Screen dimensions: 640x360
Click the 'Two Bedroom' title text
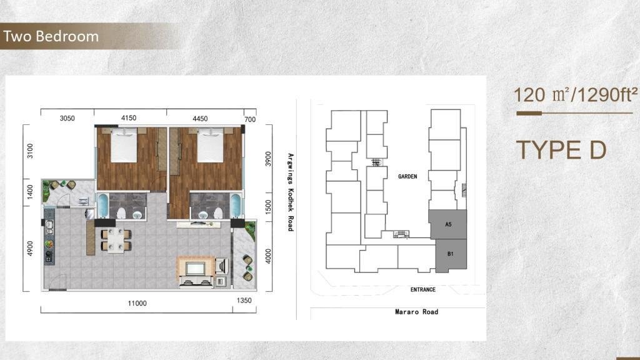(x=51, y=36)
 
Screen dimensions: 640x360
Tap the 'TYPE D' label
(x=561, y=150)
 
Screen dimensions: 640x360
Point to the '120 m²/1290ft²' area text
(x=576, y=95)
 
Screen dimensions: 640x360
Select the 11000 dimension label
(x=137, y=303)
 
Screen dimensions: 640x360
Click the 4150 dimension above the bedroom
(x=129, y=118)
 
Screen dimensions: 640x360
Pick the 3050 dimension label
(x=67, y=118)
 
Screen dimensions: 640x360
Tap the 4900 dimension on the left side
(x=30, y=249)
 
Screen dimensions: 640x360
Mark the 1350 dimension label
(x=244, y=301)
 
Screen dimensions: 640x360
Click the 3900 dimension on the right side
(x=268, y=159)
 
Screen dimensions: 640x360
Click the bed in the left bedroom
(x=124, y=145)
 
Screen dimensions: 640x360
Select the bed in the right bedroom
(x=210, y=145)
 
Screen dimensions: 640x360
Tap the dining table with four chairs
(x=116, y=240)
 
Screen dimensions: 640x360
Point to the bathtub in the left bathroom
(x=102, y=206)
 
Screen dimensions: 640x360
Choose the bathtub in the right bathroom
(x=236, y=206)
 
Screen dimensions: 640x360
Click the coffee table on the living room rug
(x=196, y=269)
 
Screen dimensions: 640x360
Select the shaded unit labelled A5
(x=448, y=224)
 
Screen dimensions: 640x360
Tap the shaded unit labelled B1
(x=451, y=255)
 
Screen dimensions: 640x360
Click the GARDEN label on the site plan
(x=407, y=176)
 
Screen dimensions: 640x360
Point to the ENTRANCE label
(x=423, y=289)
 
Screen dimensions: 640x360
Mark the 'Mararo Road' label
(x=417, y=312)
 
